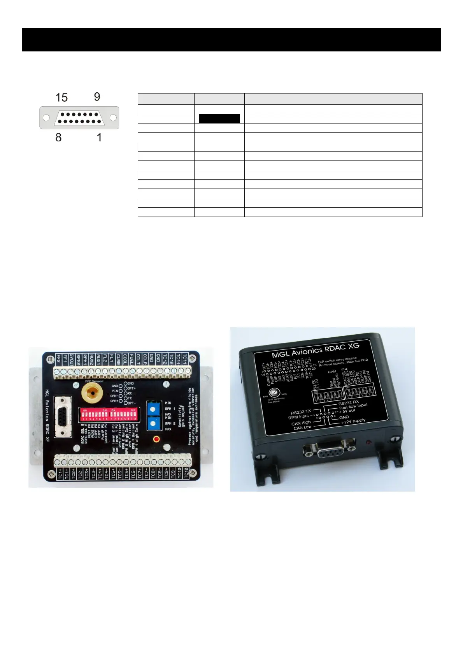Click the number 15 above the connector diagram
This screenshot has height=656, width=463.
point(61,97)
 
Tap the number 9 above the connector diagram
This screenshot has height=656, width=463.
point(97,97)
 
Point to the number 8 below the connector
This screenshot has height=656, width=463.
point(58,137)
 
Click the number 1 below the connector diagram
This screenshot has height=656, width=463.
point(99,137)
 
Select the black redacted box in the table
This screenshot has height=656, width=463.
point(219,119)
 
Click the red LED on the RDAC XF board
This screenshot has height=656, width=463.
point(156,439)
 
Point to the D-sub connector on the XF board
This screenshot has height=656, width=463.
point(63,416)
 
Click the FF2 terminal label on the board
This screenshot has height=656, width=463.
point(58,359)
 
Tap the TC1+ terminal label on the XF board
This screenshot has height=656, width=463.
point(60,474)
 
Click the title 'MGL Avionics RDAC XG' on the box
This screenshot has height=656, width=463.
point(316,350)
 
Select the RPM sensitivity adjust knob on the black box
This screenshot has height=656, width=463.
point(275,392)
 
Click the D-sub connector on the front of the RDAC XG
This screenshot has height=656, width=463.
point(330,452)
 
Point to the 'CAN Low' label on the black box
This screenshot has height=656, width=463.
point(302,428)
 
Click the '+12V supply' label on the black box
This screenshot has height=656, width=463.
point(353,421)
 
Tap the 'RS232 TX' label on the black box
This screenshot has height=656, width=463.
point(300,412)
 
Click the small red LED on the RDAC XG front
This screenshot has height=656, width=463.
point(368,443)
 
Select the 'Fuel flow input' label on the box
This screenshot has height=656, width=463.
point(353,406)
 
